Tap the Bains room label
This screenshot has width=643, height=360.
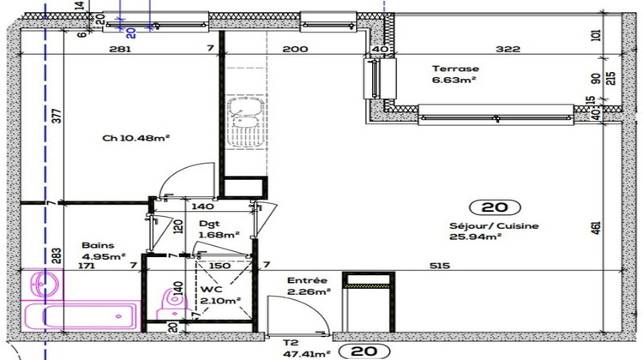tap(97, 243)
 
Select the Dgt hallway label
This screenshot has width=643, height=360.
tap(206, 225)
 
